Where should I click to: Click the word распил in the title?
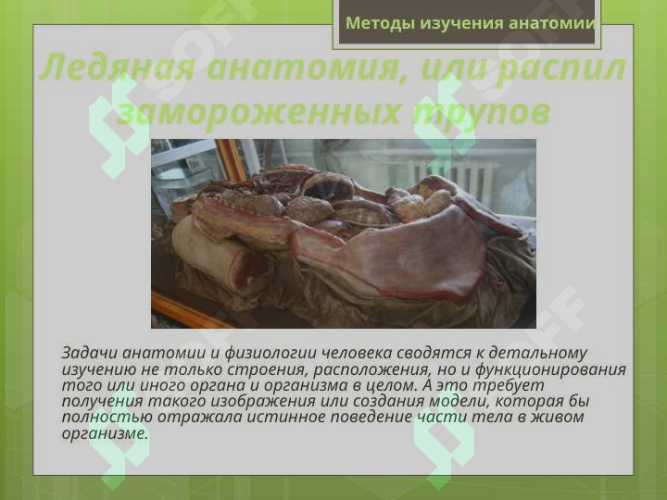click(564, 69)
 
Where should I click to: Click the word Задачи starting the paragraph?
click(89, 353)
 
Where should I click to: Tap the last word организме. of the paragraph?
click(104, 432)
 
